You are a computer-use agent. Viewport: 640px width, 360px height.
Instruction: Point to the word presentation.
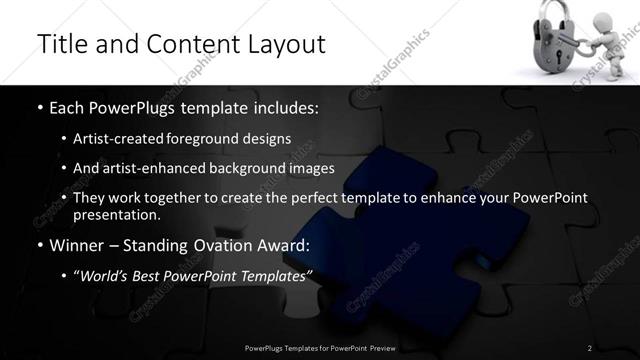(x=118, y=215)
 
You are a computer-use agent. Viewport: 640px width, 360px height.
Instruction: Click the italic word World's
(x=105, y=275)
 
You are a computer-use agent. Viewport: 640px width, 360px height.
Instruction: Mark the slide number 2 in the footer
(x=590, y=347)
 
